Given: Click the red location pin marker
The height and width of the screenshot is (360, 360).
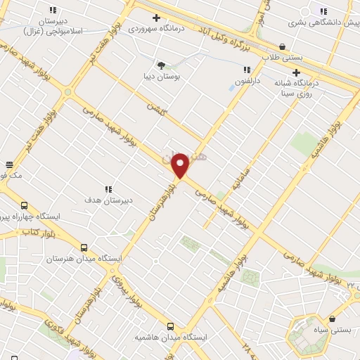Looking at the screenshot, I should tap(181, 165).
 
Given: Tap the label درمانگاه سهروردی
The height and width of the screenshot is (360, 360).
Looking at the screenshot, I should tap(156, 29).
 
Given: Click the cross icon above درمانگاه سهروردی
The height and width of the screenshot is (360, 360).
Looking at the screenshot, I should tap(156, 18).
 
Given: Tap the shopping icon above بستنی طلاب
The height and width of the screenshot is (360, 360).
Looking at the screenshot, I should tap(282, 46).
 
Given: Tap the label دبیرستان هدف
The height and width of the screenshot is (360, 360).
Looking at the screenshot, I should tap(109, 200).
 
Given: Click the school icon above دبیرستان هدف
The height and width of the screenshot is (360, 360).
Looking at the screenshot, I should tap(108, 188).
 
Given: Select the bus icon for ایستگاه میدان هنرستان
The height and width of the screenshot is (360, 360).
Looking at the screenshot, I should tap(84, 247).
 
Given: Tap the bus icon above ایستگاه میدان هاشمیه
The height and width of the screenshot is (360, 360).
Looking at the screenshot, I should tap(170, 326).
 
